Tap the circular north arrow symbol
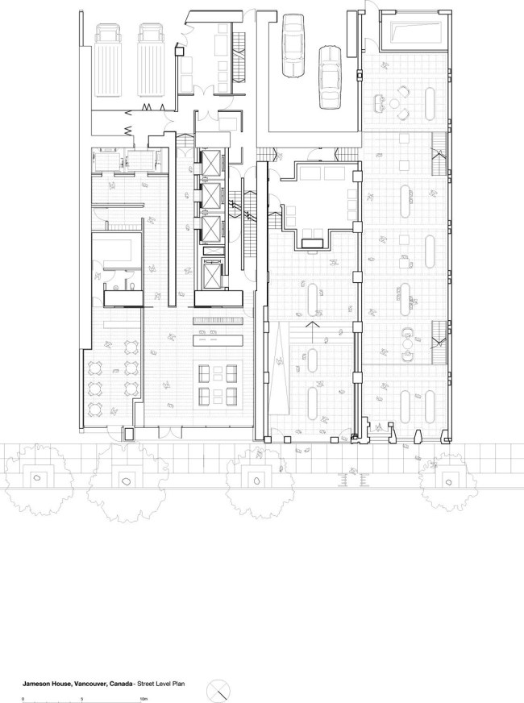coord(219,690)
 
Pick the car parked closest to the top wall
coord(291,45)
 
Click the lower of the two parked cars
coord(330,77)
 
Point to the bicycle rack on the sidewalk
coord(352,479)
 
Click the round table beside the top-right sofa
coord(395,103)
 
